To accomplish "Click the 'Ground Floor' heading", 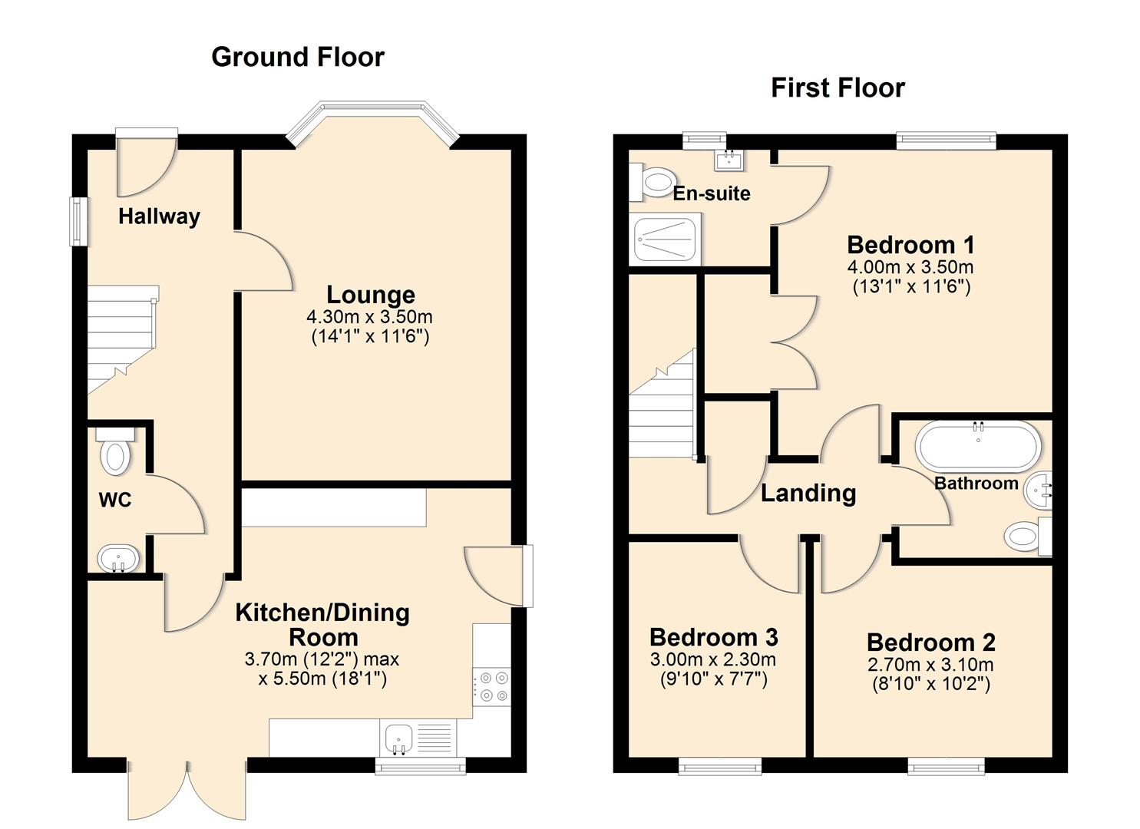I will (x=297, y=57).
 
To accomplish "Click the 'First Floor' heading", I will (x=838, y=88).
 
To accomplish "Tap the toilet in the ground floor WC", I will (x=115, y=452).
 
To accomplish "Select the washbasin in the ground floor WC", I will (x=117, y=558).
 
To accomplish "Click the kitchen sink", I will (x=398, y=738).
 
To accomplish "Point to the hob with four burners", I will (x=491, y=686).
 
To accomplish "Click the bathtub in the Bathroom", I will (x=978, y=446).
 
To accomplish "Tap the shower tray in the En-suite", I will (x=665, y=239).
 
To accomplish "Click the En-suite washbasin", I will (x=727, y=159).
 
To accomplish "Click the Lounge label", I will (x=371, y=295).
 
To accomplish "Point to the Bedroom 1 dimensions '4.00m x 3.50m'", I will (x=910, y=267).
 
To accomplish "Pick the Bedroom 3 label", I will (x=713, y=637).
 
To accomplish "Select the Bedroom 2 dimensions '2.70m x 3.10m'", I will (x=930, y=665).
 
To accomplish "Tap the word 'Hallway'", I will (x=159, y=216).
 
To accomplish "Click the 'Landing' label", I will (x=808, y=493).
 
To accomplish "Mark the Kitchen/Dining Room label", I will (x=322, y=624).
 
